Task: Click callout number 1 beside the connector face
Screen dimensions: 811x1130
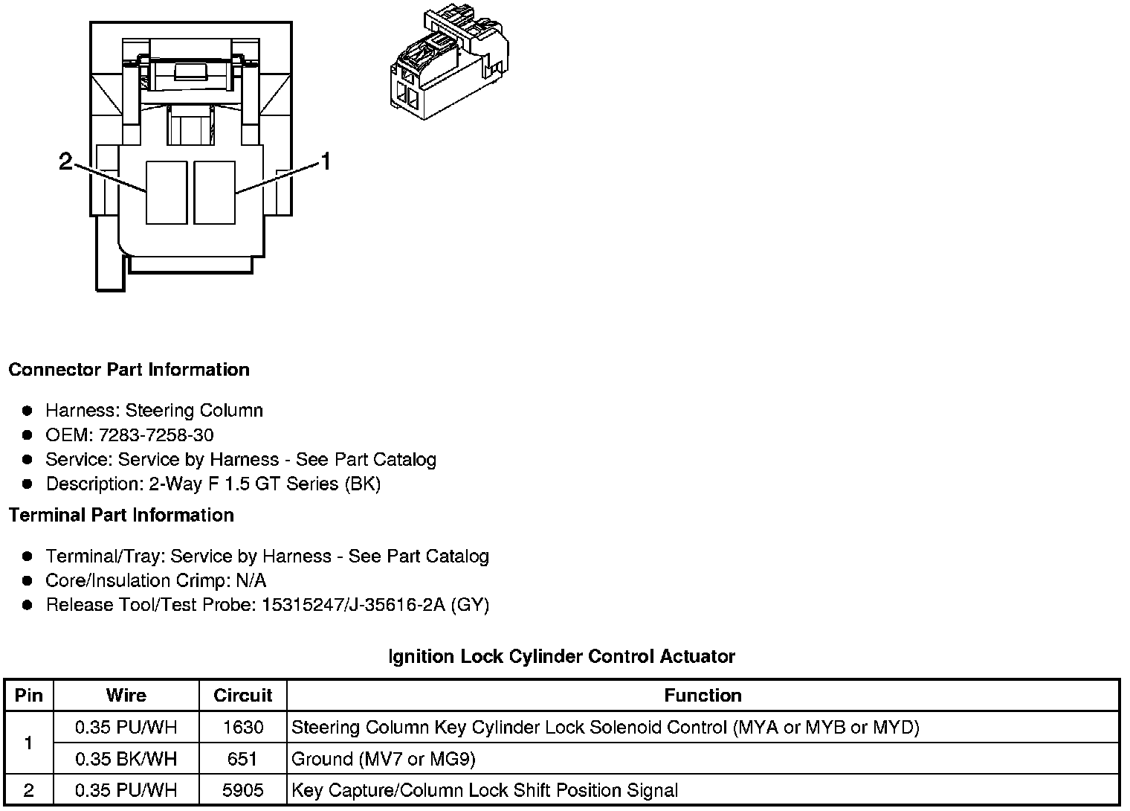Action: coord(326,161)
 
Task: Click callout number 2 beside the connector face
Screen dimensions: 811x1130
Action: coord(66,161)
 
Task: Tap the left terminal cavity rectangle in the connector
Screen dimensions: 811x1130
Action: coord(166,192)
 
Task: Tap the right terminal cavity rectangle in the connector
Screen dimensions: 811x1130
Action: coord(214,192)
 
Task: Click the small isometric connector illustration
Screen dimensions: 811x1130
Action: coord(449,63)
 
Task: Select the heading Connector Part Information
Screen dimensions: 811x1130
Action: coord(129,370)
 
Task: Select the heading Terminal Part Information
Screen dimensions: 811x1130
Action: coord(121,515)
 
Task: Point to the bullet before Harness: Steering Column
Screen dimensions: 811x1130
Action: coord(28,411)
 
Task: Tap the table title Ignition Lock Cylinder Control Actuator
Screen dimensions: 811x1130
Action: coord(561,656)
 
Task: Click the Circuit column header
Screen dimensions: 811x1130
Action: coord(242,695)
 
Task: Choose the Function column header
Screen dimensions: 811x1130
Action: coord(703,695)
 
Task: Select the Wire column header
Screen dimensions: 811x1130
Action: coord(126,695)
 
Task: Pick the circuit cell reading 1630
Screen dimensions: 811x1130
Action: coord(242,727)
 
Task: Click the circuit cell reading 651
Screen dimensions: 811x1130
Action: coord(242,759)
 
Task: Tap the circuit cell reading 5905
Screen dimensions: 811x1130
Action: coord(242,790)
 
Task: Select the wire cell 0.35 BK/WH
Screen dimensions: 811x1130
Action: coord(126,759)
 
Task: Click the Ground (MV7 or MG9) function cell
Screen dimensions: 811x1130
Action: coord(384,759)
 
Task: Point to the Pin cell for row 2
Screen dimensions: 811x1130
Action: coord(28,790)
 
